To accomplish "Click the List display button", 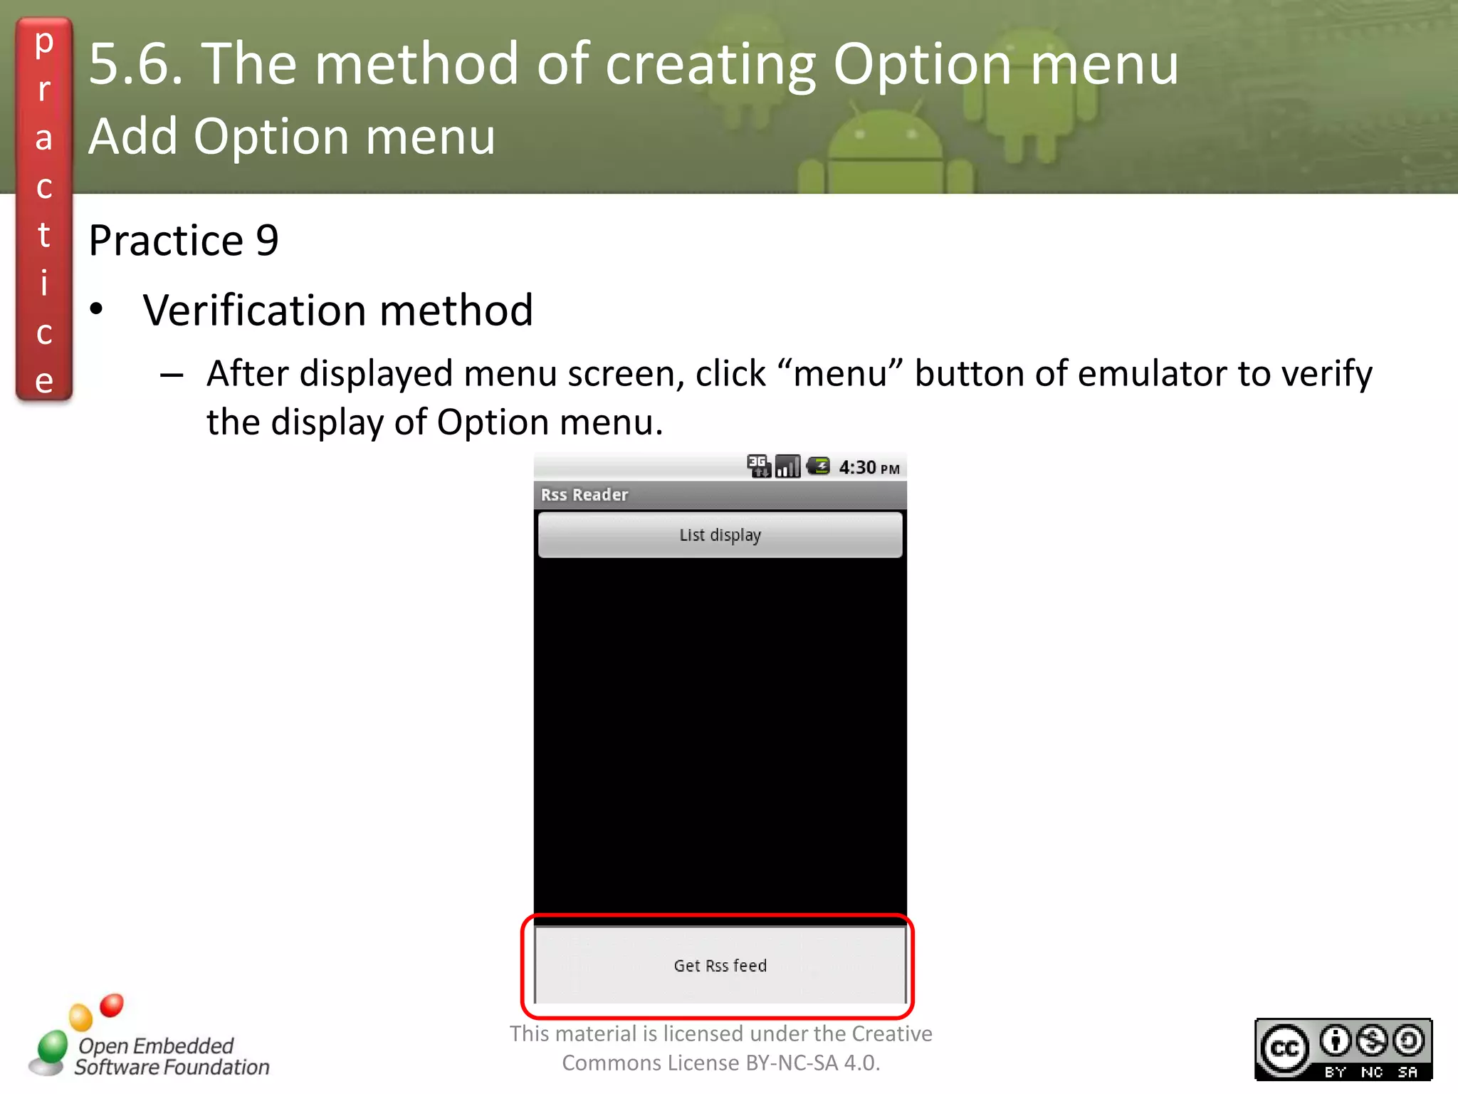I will [720, 535].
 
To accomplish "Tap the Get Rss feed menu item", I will [720, 965].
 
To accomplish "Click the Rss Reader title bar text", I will [584, 495].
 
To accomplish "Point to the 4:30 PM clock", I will [869, 468].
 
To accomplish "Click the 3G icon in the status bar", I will [758, 466].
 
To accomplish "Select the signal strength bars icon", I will [787, 467].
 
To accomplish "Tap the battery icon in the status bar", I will [818, 467].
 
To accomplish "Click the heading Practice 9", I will [184, 240].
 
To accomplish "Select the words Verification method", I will [337, 311].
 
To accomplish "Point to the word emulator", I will [1153, 374].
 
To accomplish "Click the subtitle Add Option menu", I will [292, 136].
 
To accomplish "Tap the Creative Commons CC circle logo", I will [1284, 1048].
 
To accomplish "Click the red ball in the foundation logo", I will [112, 1005].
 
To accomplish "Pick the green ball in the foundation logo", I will [52, 1047].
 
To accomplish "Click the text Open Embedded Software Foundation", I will [171, 1056].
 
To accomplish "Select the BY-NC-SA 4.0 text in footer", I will [812, 1063].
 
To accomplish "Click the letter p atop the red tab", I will [44, 43].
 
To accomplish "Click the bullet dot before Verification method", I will [97, 310].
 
